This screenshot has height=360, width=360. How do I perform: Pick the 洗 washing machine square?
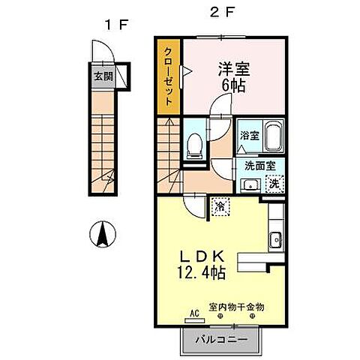(274, 183)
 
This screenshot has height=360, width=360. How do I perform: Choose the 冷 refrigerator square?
(219, 203)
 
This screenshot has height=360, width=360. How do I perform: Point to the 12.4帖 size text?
(201, 274)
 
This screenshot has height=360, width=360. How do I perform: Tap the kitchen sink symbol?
(274, 240)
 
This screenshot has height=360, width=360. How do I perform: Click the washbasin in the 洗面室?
(250, 184)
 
